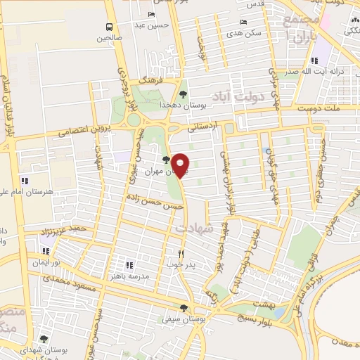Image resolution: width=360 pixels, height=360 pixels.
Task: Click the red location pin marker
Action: click(181, 165)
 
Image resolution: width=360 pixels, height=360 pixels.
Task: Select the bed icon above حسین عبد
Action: click(153, 15)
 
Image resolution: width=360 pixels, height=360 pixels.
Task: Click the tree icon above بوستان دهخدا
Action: click(184, 94)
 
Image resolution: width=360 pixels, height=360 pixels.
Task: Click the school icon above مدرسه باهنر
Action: click(129, 265)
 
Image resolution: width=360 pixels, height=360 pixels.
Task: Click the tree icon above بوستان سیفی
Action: click(184, 307)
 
